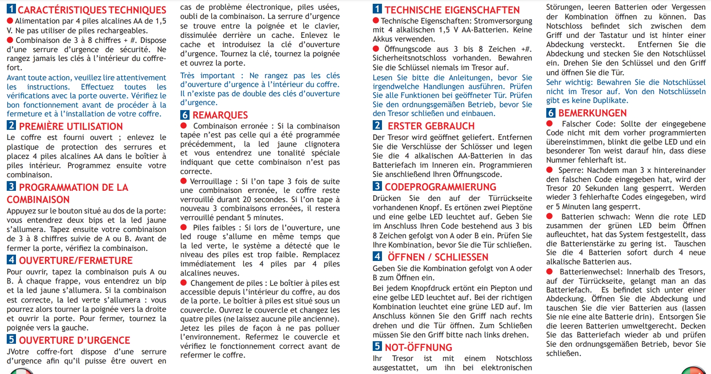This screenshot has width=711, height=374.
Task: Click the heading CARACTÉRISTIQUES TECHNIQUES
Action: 92,10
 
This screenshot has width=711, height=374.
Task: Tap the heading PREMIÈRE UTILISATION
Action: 71,126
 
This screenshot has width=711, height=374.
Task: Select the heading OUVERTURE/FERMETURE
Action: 76,261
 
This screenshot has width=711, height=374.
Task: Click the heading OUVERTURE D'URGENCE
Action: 74,340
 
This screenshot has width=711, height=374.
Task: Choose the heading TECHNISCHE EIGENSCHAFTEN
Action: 452,10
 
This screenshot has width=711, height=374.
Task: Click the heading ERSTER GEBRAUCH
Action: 431,126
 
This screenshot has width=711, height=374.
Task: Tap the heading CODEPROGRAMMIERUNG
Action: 440,187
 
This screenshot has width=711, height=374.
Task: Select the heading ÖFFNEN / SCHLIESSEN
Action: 438,257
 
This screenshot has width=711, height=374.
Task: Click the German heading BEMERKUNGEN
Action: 592,113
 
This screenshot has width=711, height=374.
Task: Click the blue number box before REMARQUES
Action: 185,115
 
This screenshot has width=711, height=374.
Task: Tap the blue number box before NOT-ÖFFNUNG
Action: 377,346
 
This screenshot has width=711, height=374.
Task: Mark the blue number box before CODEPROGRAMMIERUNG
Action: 377,186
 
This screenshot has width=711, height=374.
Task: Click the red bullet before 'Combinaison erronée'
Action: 184,126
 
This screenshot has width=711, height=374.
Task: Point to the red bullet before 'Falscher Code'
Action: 550,124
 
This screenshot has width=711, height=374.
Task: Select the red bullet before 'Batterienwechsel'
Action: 550,272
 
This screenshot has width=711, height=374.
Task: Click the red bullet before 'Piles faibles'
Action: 184,227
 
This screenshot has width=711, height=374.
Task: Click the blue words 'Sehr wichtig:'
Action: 569,82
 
